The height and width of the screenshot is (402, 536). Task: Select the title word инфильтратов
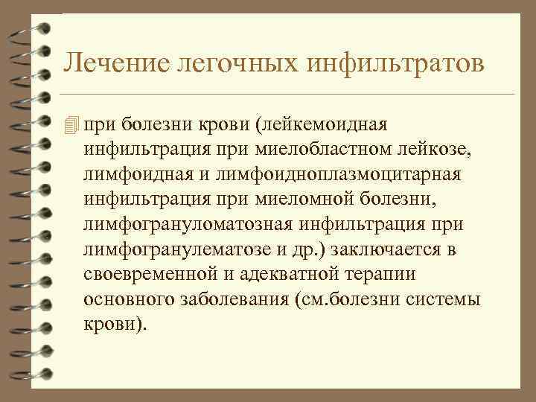click(391, 63)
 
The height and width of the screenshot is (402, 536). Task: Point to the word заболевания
click(232, 301)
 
